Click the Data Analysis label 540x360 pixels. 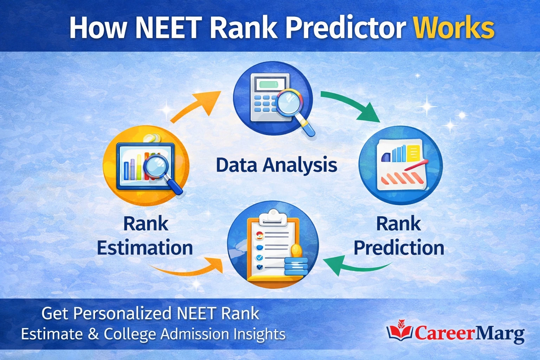click(276, 165)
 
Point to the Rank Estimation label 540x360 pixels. click(145, 236)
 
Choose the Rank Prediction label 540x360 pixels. click(399, 236)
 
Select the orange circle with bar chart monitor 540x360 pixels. click(146, 165)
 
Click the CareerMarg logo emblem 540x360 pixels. click(400, 330)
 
